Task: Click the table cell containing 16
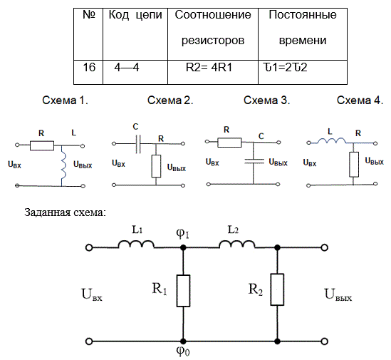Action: coord(88,72)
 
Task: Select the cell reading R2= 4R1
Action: coord(213,72)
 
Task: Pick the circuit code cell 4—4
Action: coord(135,72)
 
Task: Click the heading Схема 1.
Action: coord(65,101)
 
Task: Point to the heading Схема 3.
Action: coord(266,101)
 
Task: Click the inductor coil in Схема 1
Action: coord(63,165)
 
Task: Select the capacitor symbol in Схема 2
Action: coord(138,144)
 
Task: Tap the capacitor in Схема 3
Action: coord(254,161)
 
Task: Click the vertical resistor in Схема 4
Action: coord(354,164)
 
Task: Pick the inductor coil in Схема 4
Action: coord(331,140)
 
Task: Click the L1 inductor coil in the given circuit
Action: coord(136,245)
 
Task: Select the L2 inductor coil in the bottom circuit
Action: coord(237,245)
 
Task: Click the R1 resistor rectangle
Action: coord(183,291)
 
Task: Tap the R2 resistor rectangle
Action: coord(277,289)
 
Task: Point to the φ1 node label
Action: coord(182,233)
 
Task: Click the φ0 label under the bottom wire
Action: coord(183,351)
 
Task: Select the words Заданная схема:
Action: coord(65,212)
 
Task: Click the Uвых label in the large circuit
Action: coord(338,294)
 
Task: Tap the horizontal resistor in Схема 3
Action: coord(229,143)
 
